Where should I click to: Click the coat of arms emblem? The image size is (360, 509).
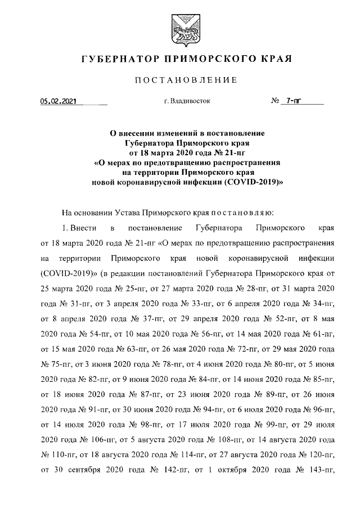(x=179, y=28)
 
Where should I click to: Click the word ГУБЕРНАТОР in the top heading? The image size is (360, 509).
(x=117, y=58)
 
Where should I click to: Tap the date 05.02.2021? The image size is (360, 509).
(x=58, y=102)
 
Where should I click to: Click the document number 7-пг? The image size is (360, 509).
(x=294, y=102)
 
